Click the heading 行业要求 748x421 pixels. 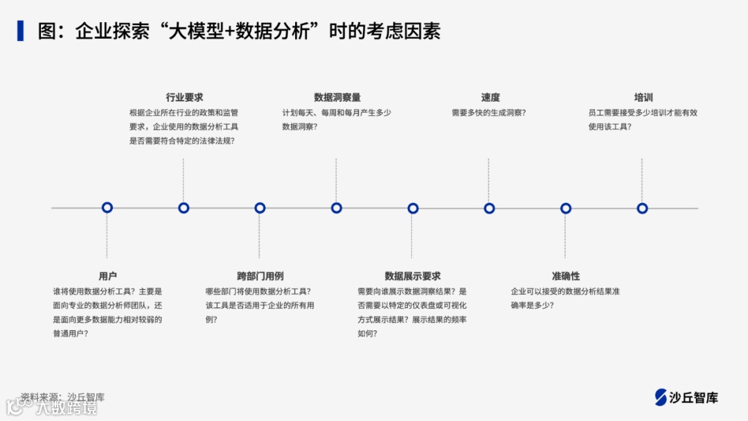tap(184, 98)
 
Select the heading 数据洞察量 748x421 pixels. tap(337, 98)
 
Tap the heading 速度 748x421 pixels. tap(490, 98)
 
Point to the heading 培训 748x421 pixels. tap(643, 98)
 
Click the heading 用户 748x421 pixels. tap(107, 276)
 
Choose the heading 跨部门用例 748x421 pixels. tap(260, 276)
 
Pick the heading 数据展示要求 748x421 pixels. tap(413, 276)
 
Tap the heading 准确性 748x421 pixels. tap(566, 276)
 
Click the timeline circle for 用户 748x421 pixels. tap(107, 207)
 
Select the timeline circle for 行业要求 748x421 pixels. tap(184, 207)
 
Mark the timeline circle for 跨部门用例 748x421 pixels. tap(260, 207)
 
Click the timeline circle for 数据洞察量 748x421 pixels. tap(337, 207)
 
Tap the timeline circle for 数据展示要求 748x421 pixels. tap(413, 208)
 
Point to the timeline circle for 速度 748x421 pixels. tap(489, 208)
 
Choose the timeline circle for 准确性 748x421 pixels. tap(566, 208)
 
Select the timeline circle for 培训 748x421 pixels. tap(642, 208)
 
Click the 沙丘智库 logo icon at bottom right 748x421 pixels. tap(661, 397)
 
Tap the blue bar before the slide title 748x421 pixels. tap(21, 31)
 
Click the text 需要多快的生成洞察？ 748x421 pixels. tap(488, 112)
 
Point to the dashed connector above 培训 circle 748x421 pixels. tap(642, 179)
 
